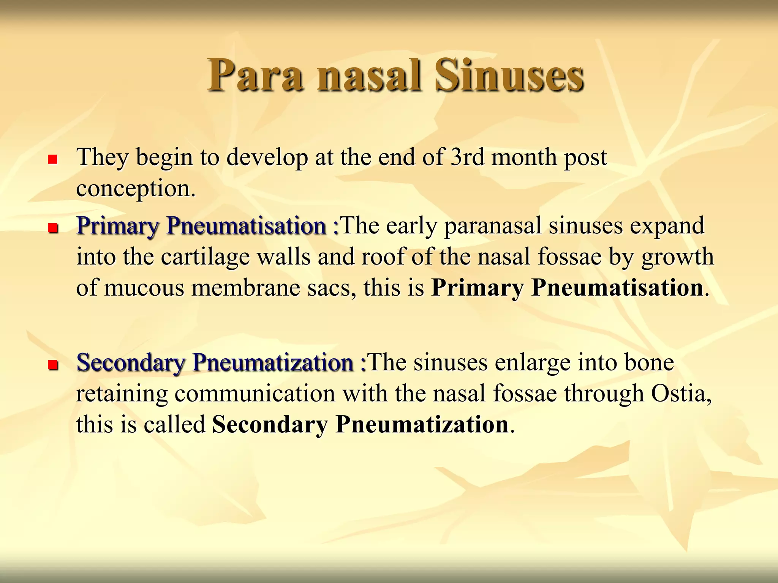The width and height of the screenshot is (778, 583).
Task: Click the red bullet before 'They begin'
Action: [52, 159]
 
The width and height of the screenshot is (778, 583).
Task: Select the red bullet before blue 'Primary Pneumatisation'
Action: [52, 228]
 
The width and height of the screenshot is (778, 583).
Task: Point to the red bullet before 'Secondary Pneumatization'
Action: [52, 365]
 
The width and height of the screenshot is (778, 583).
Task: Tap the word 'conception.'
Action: [136, 189]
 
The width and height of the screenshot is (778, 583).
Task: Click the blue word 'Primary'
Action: [117, 226]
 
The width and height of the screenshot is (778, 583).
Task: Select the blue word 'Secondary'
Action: [131, 362]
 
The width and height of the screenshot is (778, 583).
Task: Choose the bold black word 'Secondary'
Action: [269, 424]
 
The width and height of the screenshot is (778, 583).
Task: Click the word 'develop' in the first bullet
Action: [267, 158]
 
